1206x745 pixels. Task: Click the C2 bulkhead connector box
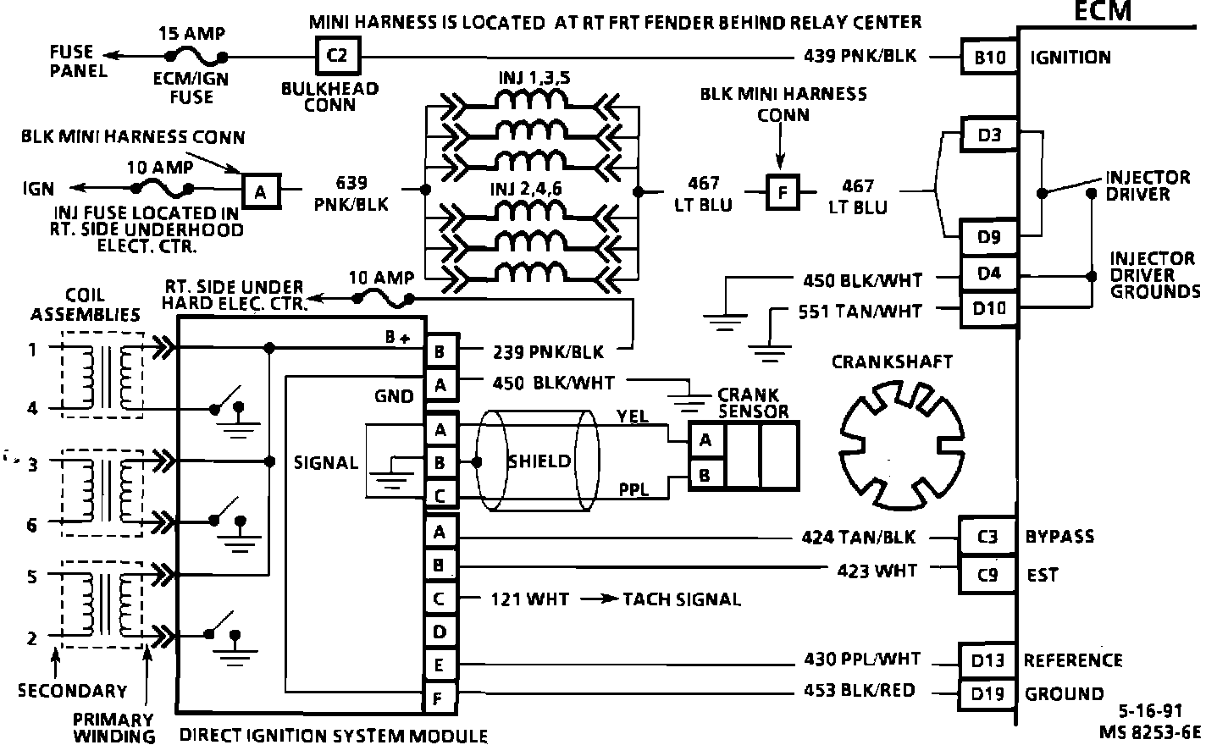tap(337, 57)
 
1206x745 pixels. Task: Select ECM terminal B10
tap(989, 58)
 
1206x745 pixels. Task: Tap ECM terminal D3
tap(989, 135)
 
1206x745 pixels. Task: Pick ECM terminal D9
tap(989, 238)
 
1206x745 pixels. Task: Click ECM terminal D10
tap(989, 309)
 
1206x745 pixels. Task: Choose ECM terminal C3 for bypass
tap(987, 538)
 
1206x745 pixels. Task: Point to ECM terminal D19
tap(987, 694)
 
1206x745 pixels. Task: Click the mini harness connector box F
tap(783, 193)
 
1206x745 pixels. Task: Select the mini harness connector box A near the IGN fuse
tap(260, 192)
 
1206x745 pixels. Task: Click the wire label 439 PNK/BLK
tap(860, 57)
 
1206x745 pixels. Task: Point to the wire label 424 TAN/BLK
tap(858, 538)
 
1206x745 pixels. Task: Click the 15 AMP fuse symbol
tap(196, 57)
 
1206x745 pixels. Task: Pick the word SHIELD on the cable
tap(539, 461)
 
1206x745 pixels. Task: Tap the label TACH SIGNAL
tap(682, 599)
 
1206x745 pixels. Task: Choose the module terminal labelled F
tap(440, 698)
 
